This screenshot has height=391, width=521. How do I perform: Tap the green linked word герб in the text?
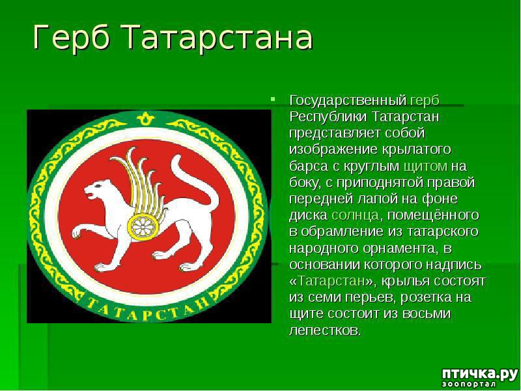(425, 100)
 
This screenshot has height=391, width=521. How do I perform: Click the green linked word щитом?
(426, 166)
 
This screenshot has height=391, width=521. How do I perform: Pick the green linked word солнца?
(355, 215)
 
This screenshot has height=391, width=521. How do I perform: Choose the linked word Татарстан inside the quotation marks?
(331, 281)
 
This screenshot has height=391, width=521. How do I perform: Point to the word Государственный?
(348, 100)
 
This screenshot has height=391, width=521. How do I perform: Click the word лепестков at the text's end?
(324, 330)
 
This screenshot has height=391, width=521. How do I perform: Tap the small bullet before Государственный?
(273, 99)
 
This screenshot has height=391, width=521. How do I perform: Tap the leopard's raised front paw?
(77, 233)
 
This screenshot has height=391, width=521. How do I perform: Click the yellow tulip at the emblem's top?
(145, 118)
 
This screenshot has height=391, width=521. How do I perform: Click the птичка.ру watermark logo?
(479, 373)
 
